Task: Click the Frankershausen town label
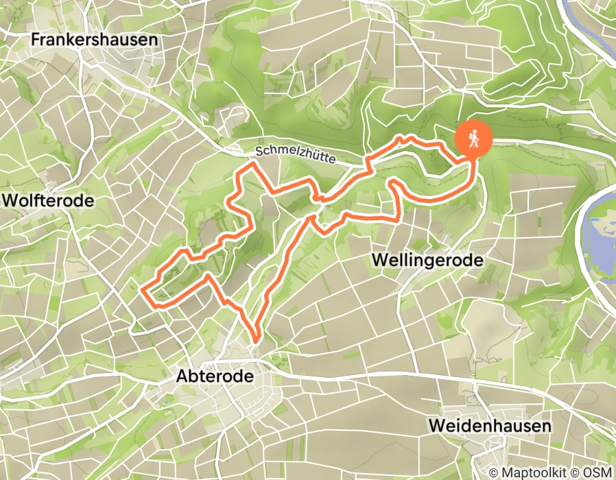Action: [x=95, y=40]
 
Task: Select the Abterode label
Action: [x=215, y=376]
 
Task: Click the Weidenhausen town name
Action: [x=489, y=426]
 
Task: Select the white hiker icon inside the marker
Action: [x=473, y=139]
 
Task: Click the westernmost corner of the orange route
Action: [x=143, y=293]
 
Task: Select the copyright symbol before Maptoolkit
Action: [x=495, y=472]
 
